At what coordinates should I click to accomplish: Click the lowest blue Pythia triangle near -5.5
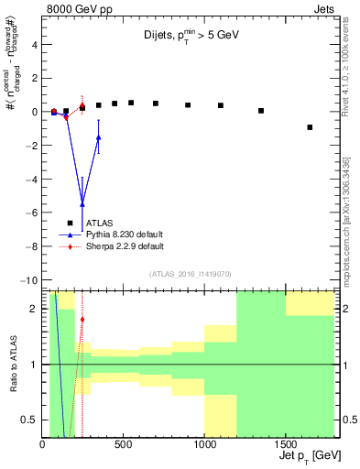point(82,203)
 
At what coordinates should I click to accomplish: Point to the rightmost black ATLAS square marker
point(310,127)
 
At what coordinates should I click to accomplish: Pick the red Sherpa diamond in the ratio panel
point(82,320)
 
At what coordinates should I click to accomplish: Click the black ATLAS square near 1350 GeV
point(261,111)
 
